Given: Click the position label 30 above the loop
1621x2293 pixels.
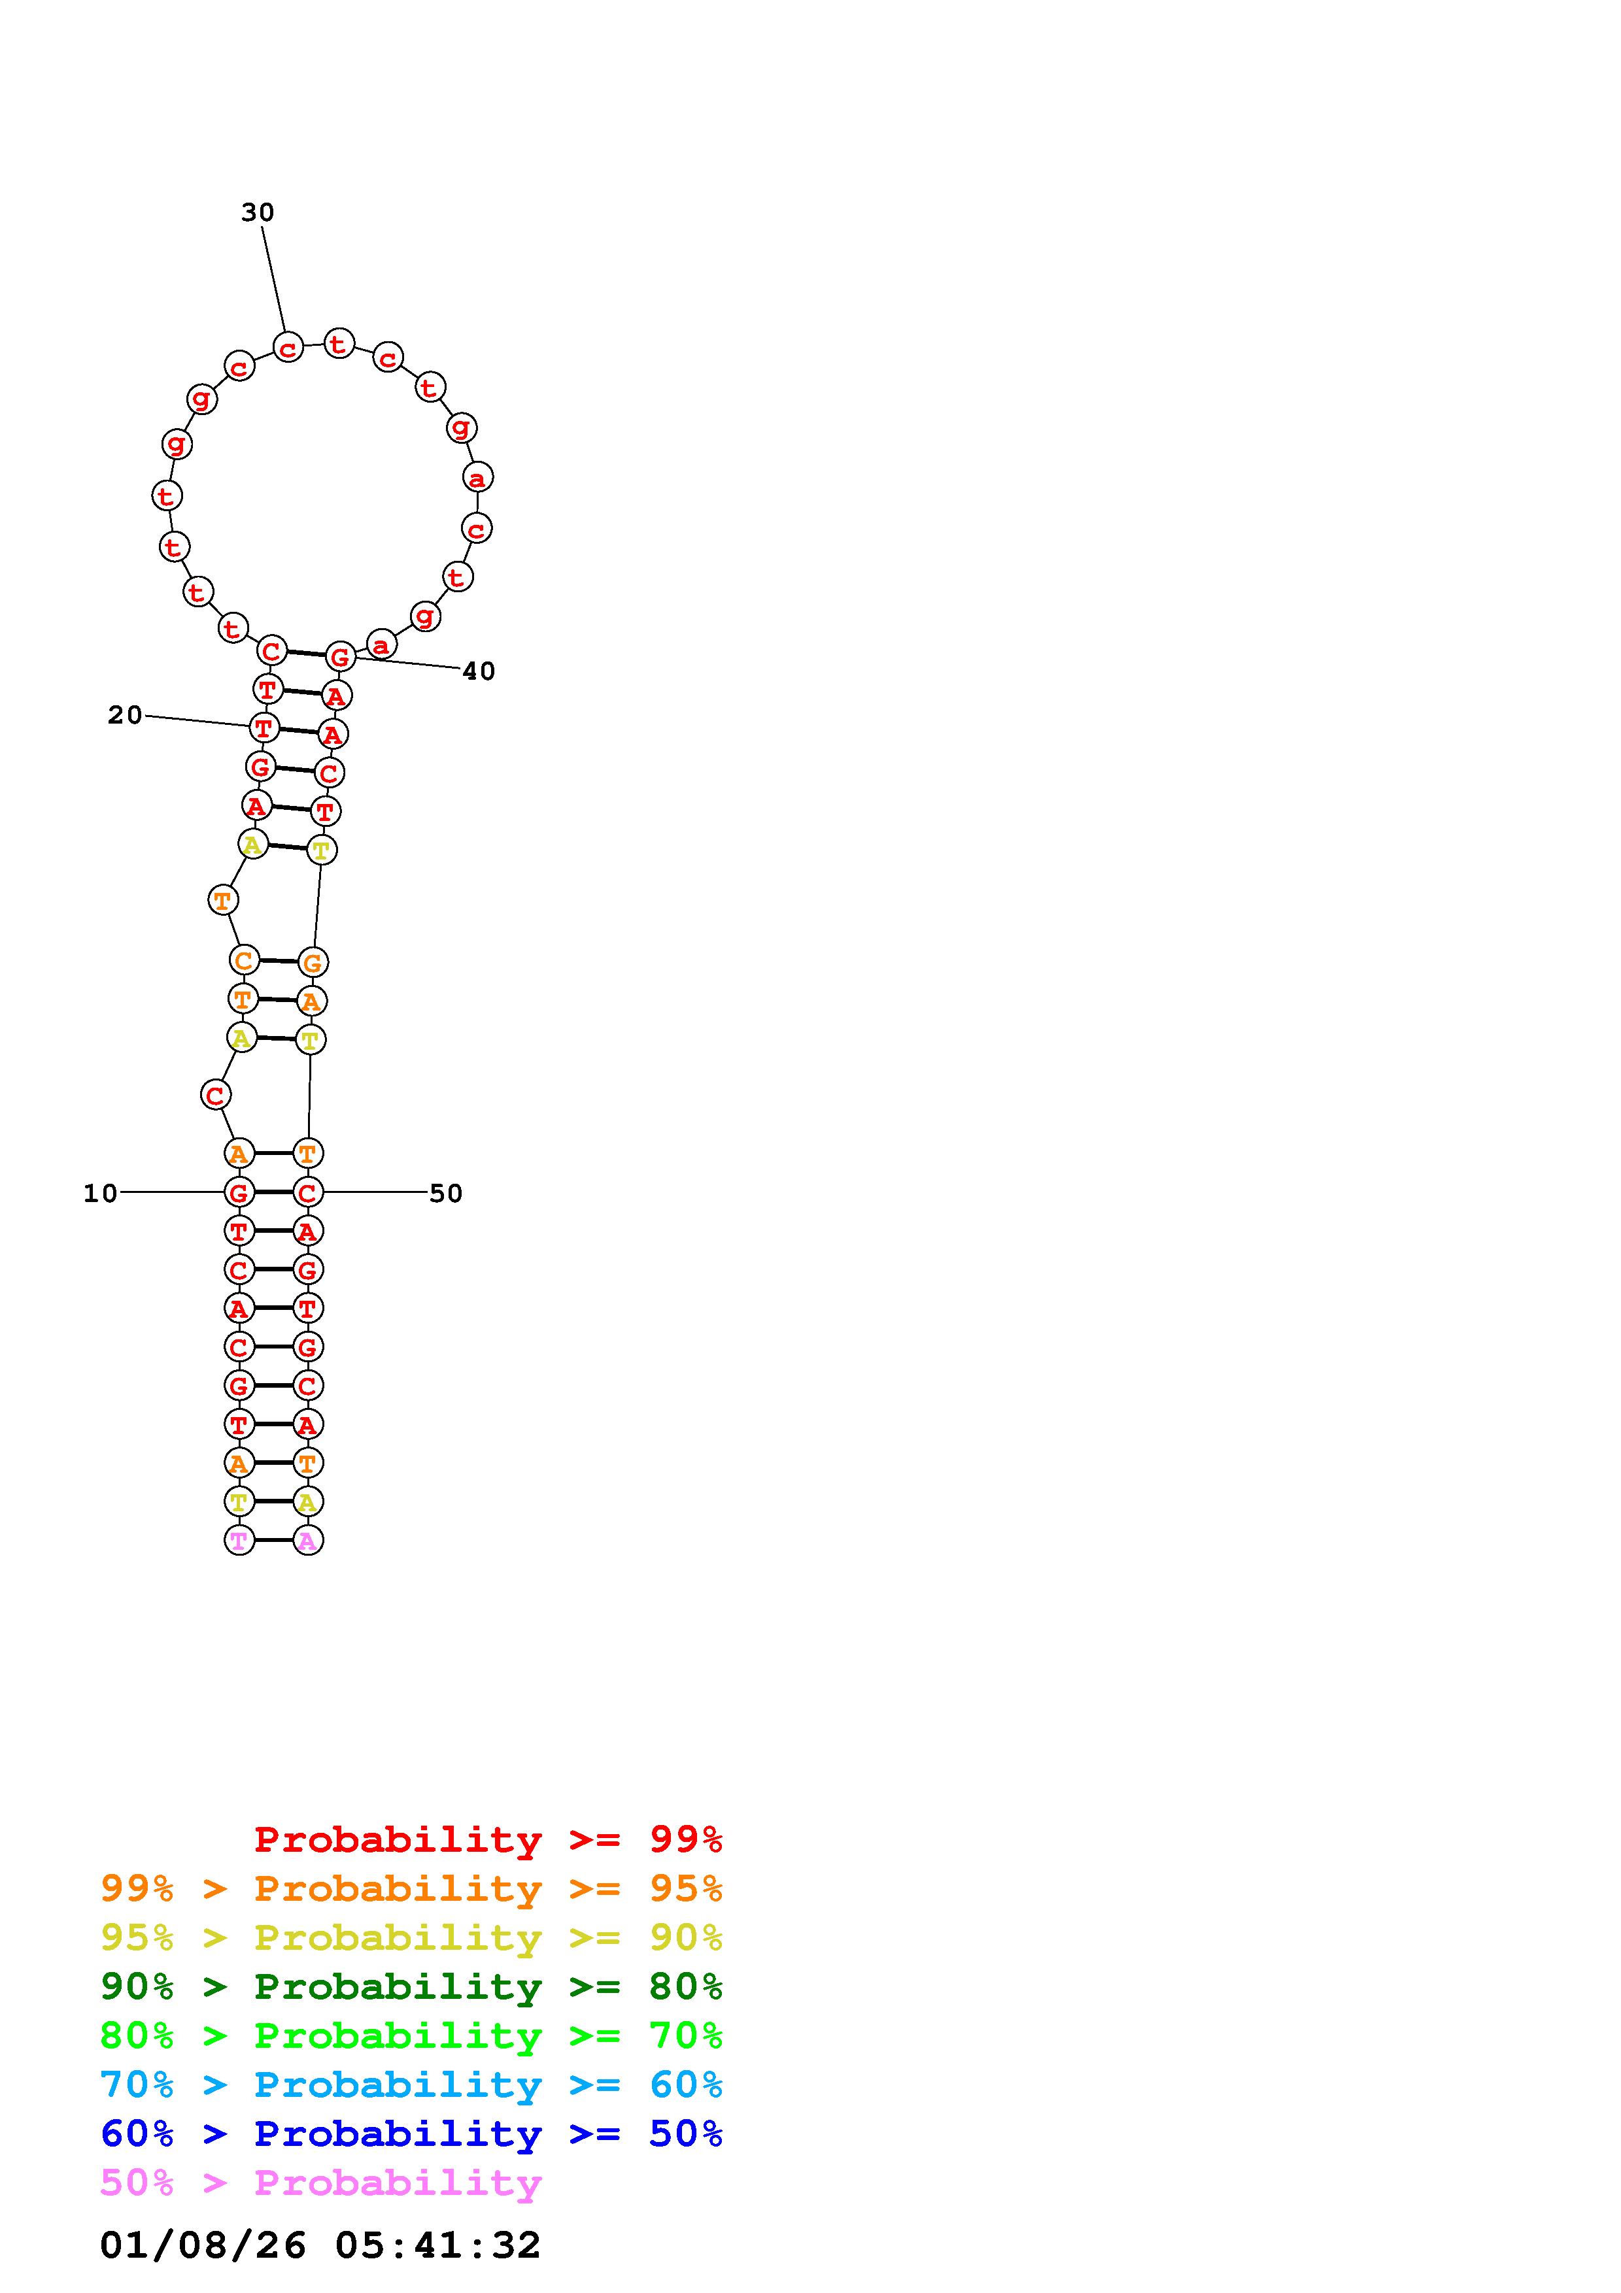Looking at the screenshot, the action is point(258,212).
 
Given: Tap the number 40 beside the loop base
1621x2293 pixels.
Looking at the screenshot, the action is point(479,671).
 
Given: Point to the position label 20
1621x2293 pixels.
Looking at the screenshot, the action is point(125,715).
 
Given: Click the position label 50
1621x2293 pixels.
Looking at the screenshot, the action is point(445,1194).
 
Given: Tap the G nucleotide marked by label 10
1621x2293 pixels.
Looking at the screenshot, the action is point(239,1192).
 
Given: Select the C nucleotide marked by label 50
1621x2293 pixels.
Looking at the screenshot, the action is point(307,1192).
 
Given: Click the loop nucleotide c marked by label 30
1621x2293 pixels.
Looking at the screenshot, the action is point(288,348).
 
